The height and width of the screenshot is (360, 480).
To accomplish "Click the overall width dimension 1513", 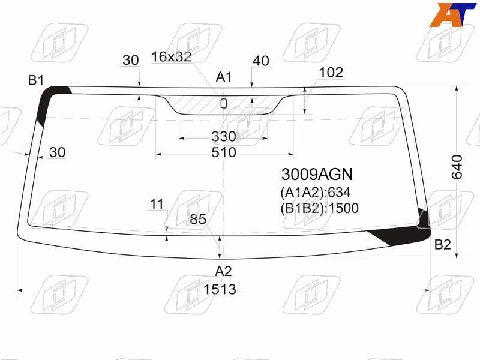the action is pos(220,289).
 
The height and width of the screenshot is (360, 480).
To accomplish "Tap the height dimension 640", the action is pos(457,167).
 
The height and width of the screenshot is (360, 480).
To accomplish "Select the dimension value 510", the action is pos(224,152).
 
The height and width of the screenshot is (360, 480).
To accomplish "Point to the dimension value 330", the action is pos(224,137).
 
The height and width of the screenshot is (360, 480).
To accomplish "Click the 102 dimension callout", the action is pos(331,73).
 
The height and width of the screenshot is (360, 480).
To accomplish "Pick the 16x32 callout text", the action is pos(172,56).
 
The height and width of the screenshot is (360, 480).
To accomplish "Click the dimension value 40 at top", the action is pos(261,61).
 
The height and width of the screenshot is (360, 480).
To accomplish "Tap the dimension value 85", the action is pos(198,219).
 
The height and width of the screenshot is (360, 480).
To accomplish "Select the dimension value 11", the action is pos(157,204).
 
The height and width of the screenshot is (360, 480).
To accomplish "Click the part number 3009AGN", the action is pos(317,174).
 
